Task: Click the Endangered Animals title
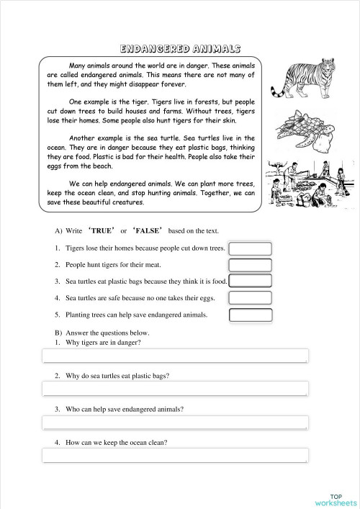(179, 48)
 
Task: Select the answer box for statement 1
(250, 248)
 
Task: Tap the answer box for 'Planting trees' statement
(250, 315)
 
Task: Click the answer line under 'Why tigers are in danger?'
(175, 356)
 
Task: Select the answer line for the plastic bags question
(175, 389)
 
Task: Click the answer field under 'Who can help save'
(175, 422)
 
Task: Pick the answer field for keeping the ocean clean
(175, 455)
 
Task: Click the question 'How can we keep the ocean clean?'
(116, 441)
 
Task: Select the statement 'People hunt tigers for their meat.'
(120, 264)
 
